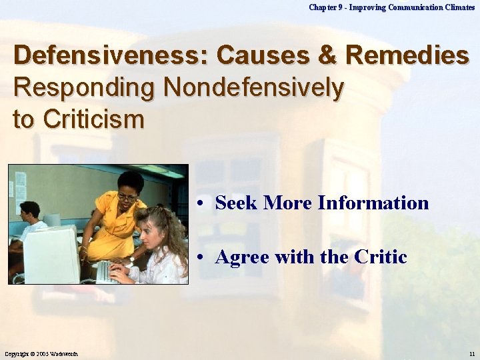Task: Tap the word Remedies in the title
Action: pos(408,55)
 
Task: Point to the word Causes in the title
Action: pos(265,55)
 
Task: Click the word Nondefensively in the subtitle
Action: pos(255,87)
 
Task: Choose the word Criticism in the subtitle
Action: pos(93,119)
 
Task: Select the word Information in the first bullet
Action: pos(373,203)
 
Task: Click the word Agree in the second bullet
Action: pos(241,257)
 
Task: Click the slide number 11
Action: pos(471,353)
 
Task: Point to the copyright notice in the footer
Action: pos(44,353)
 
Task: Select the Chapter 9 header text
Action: pos(392,7)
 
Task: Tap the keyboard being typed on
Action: pos(107,271)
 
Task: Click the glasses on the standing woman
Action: pos(127,197)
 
